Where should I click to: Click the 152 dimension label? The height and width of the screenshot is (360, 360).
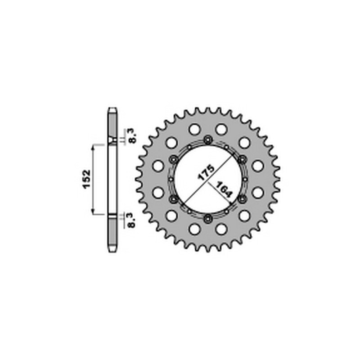(87, 179)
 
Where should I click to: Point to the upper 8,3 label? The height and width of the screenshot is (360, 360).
(133, 136)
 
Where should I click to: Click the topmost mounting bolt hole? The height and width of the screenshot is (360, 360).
(208, 139)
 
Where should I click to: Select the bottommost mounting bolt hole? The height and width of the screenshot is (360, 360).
(208, 219)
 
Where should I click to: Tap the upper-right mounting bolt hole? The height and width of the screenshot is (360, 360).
(243, 159)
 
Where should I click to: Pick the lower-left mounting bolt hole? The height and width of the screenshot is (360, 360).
(173, 199)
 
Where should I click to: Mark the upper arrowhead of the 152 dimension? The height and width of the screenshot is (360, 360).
(93, 148)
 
